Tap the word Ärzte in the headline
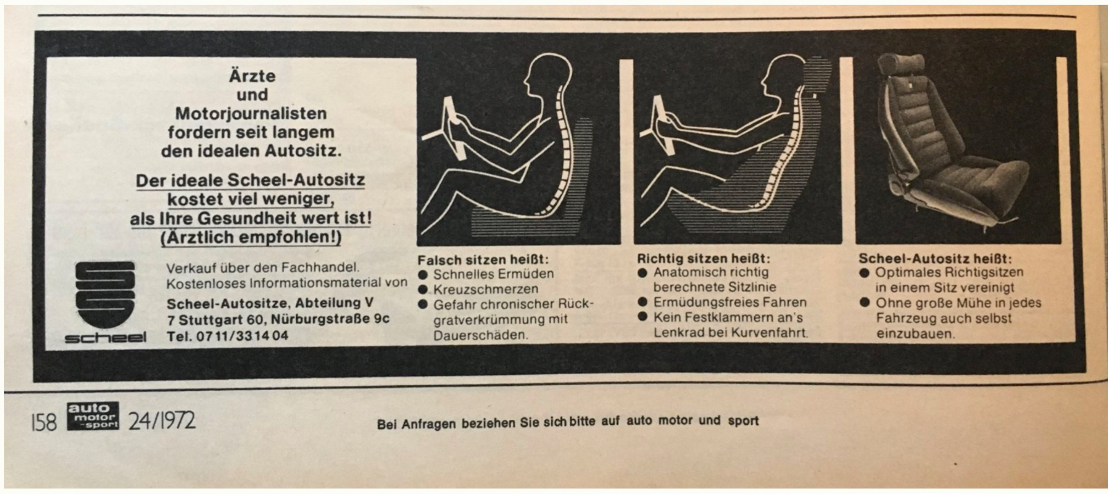point(252,76)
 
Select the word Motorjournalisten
point(251,114)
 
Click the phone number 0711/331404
point(242,336)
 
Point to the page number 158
point(44,422)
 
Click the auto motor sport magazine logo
point(93,416)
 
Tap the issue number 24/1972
point(162,421)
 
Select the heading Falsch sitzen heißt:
point(483,260)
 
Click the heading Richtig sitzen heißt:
point(704,258)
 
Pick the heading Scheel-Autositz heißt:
point(936,258)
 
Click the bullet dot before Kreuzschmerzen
point(422,290)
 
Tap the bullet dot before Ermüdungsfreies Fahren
point(643,302)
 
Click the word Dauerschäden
point(481,335)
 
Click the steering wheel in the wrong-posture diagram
point(450,127)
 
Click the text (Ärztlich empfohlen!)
point(251,238)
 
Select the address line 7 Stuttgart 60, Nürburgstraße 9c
point(278,319)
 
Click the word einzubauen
point(915,334)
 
